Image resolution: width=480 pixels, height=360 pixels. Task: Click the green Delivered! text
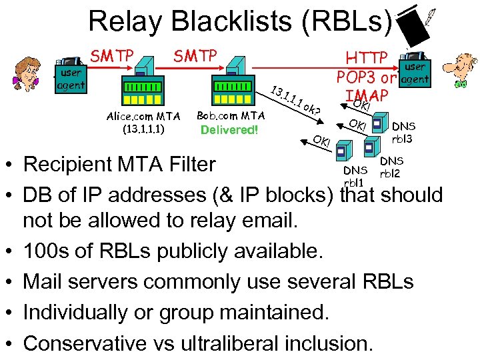[x=229, y=129]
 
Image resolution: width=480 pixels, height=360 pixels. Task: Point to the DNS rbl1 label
[x=354, y=177]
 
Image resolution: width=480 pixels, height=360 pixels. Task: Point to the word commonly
[x=194, y=282]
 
